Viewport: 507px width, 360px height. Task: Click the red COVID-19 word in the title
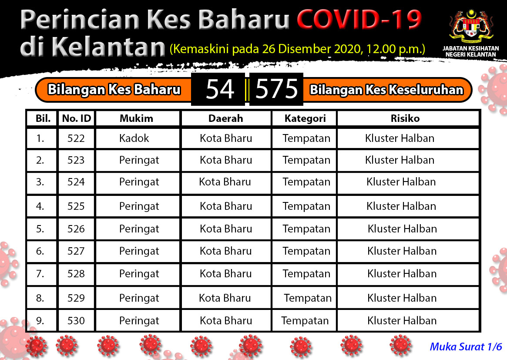coord(359,20)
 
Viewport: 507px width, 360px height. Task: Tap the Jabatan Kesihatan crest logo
coord(471,27)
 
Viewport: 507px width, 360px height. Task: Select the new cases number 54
coord(220,89)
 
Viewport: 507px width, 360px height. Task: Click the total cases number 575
coord(276,89)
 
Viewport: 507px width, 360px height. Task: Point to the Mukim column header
coord(137,118)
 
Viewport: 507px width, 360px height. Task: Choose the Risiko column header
coord(405,118)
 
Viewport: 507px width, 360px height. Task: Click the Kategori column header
coord(305,119)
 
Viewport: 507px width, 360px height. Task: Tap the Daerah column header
coord(226,118)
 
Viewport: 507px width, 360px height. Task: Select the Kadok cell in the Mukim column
coord(134,138)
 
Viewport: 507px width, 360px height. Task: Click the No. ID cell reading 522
coord(76,138)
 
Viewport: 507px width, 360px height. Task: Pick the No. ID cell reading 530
coord(76,320)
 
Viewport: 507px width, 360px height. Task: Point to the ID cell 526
coord(76,229)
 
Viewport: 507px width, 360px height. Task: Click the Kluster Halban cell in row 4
coord(401,206)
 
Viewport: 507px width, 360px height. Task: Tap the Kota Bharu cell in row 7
coord(226,274)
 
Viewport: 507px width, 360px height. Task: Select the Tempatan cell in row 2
coord(306,160)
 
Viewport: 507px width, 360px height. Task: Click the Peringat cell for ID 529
coord(139,298)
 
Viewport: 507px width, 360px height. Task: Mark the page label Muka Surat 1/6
coord(466,347)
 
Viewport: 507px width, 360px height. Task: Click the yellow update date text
coord(297,49)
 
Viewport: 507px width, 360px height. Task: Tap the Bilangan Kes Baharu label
coord(114,90)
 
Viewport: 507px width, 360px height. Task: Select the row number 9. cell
coord(40,320)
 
